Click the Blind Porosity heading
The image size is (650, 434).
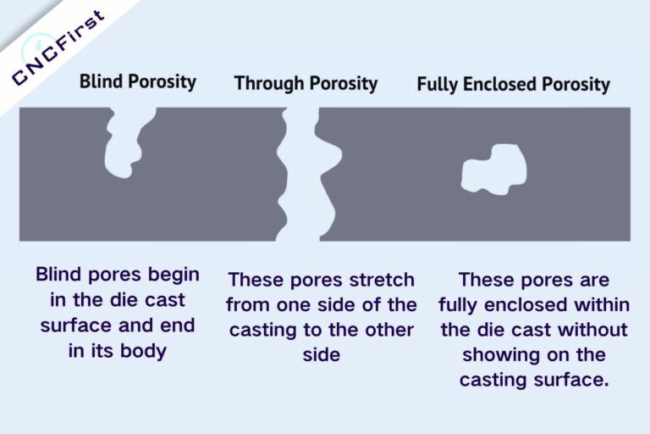[137, 82]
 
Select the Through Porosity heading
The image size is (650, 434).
[306, 83]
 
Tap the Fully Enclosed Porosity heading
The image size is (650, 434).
[513, 84]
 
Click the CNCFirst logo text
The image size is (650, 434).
[59, 49]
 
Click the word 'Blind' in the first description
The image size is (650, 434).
[62, 275]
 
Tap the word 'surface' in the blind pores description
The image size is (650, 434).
[73, 325]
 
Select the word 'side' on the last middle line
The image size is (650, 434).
[321, 355]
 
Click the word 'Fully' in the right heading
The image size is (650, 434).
[438, 84]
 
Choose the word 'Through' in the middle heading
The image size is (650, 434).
[266, 83]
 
